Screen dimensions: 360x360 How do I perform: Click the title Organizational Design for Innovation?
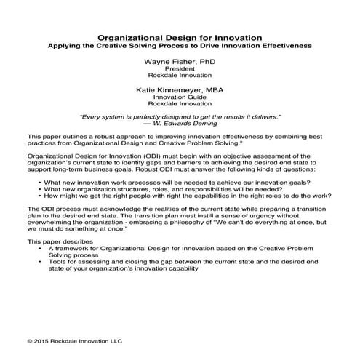click(x=180, y=36)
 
